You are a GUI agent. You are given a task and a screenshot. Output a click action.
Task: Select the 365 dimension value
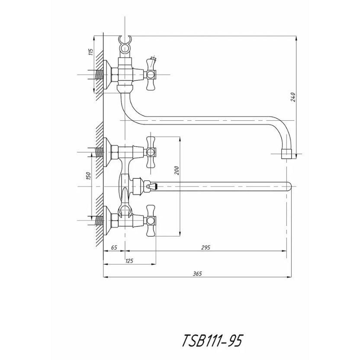[197, 273]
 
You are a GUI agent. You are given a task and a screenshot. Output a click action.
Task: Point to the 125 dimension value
[129, 260]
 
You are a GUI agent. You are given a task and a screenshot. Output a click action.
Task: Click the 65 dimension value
[114, 247]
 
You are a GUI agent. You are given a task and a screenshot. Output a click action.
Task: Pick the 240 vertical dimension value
[293, 97]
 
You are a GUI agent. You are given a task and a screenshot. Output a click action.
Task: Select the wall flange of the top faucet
[106, 75]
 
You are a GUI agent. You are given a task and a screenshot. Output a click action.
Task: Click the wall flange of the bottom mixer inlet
[106, 220]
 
